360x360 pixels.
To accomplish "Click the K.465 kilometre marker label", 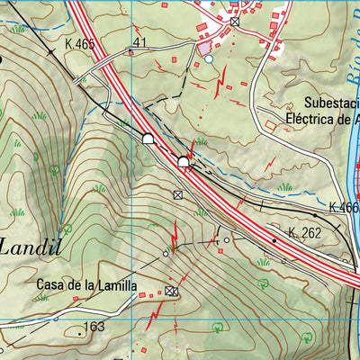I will [x=81, y=43].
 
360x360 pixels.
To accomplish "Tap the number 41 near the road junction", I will [x=139, y=42].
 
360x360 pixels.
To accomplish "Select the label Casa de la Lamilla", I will [x=86, y=285].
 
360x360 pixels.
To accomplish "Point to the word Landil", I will [x=33, y=246].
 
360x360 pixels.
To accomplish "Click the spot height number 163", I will [x=94, y=327].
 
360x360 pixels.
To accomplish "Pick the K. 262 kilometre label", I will [x=304, y=233].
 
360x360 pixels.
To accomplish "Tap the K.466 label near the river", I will [x=344, y=207].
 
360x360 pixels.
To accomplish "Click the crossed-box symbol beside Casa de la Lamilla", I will [x=171, y=290].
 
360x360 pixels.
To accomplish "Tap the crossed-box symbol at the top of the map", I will [x=235, y=21].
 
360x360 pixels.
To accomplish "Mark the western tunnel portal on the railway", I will [x=148, y=138].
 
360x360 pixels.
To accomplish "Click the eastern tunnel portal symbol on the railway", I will [x=184, y=161].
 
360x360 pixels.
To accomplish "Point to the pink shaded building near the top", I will [x=206, y=46].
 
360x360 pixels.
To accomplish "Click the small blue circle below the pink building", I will [x=209, y=58].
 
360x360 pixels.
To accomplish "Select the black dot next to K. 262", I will [x=274, y=240].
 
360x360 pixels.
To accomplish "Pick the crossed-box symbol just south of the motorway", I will [x=178, y=194].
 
